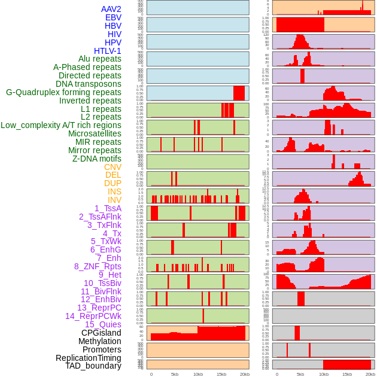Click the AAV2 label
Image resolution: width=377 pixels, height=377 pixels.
[111, 9]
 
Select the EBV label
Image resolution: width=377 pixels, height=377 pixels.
[113, 17]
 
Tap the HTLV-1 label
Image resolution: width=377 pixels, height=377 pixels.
[108, 51]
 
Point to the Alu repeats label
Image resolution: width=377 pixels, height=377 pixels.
[100, 59]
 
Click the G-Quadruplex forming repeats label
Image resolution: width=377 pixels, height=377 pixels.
[63, 92]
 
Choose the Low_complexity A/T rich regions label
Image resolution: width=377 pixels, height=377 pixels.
[61, 125]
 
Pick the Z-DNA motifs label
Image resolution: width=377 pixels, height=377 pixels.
[97, 159]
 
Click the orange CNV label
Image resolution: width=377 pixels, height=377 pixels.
[113, 167]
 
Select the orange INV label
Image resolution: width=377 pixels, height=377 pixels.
[114, 200]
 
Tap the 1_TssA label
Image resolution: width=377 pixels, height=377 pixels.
[108, 208]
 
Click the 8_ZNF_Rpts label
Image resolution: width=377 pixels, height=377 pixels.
[98, 266]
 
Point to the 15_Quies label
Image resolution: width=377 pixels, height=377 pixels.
[102, 324]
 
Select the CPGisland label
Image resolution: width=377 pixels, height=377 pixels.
[101, 333]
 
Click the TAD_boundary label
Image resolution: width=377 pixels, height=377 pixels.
[93, 366]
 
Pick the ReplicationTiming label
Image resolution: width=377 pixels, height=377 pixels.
[88, 358]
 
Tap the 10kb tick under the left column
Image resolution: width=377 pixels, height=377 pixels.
[198, 374]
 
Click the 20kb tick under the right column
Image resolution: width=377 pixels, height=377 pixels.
[370, 374]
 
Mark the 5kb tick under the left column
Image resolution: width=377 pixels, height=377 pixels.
[175, 374]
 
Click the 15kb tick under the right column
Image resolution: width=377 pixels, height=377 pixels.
[347, 374]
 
